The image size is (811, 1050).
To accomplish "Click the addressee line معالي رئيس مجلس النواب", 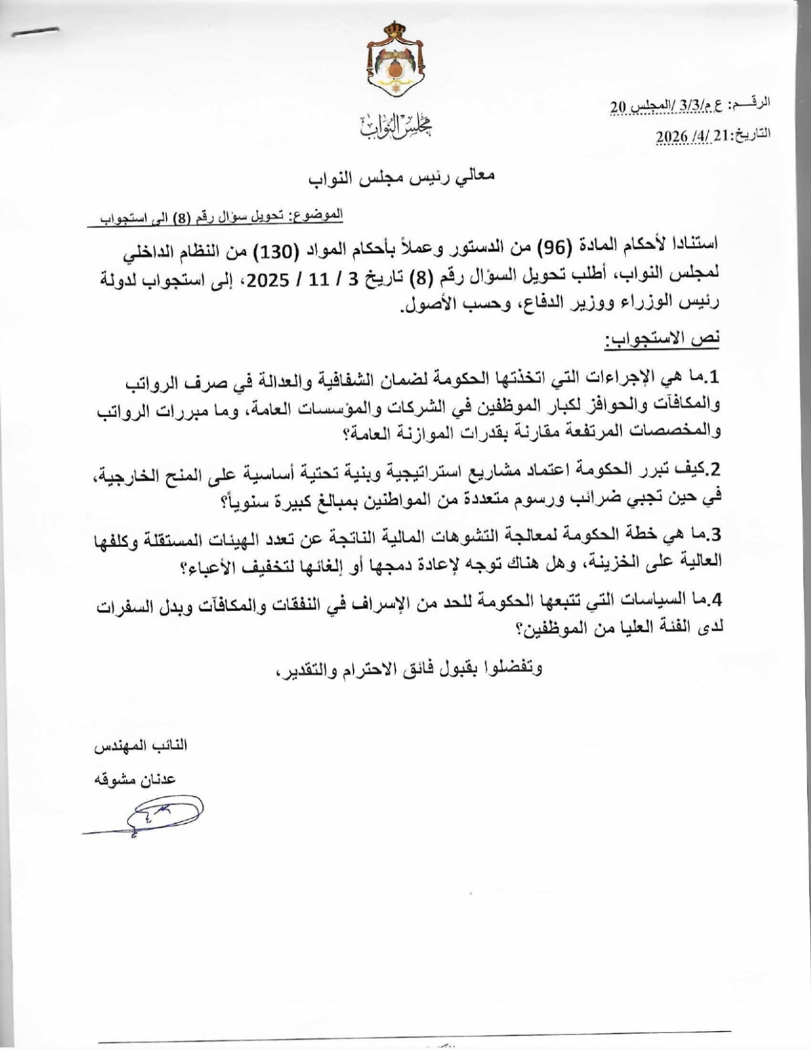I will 402,176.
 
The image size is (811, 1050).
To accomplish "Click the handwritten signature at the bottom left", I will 154,818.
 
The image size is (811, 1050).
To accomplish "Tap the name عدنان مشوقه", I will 136,779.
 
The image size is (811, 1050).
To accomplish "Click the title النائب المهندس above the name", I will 140,747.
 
